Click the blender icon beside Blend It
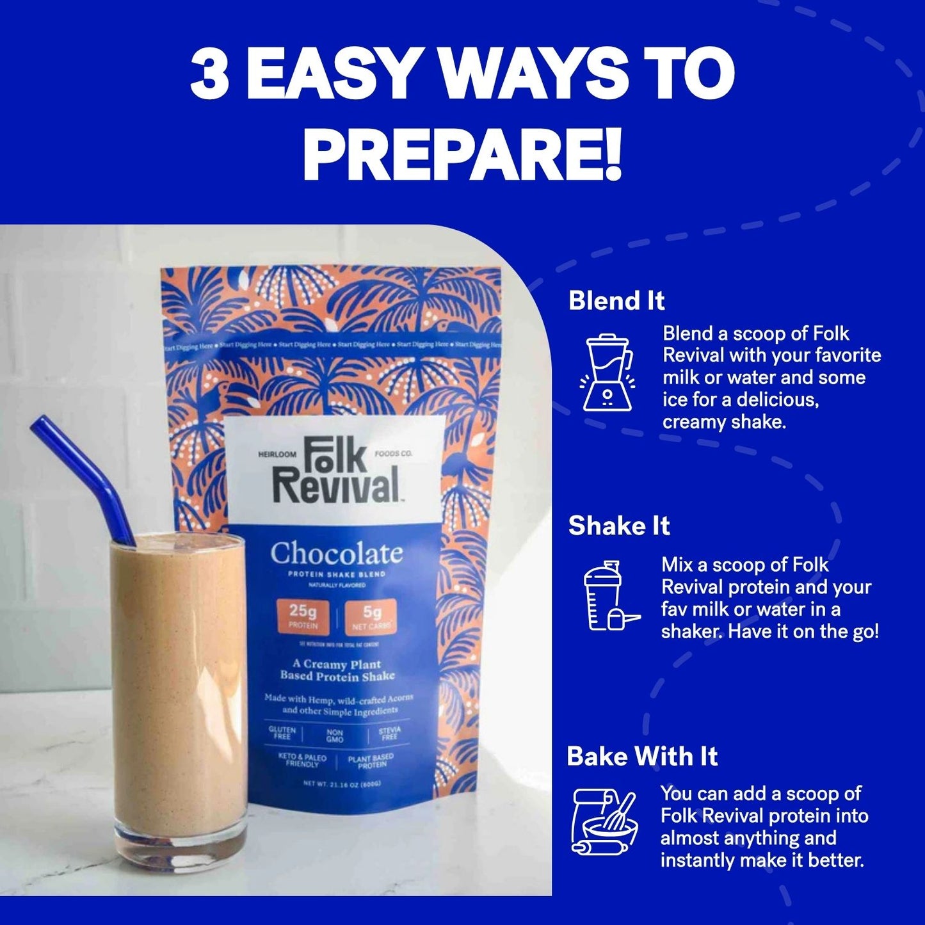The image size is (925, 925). (607, 373)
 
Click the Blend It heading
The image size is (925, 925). (616, 301)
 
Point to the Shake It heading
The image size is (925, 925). (618, 526)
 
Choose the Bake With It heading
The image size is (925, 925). (642, 757)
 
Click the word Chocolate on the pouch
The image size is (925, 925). (336, 554)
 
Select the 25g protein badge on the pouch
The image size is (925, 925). (303, 615)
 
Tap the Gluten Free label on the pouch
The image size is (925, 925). (282, 733)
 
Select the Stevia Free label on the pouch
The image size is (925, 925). (389, 733)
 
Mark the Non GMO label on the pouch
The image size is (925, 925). (335, 736)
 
